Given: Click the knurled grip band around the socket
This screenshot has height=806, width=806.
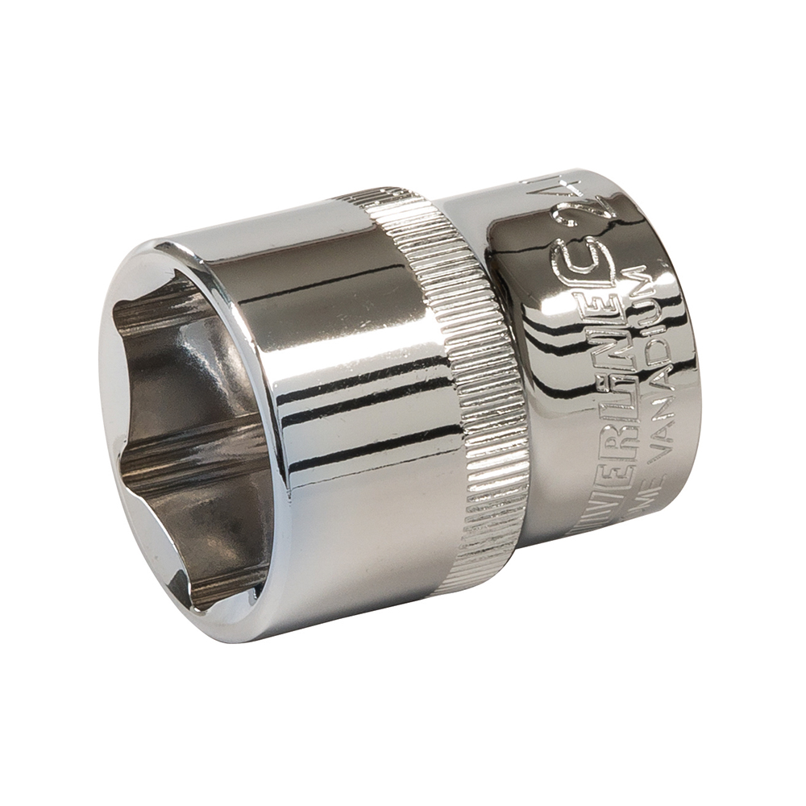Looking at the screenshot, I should pyautogui.click(x=484, y=387).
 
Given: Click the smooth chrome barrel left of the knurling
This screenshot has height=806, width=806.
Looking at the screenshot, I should pyautogui.click(x=355, y=387).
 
